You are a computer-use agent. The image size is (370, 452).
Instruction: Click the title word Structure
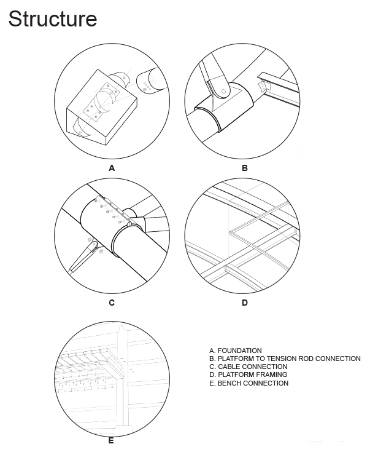coord(53,19)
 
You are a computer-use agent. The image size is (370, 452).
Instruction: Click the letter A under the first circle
coord(112,167)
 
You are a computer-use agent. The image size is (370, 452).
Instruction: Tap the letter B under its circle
coord(244,167)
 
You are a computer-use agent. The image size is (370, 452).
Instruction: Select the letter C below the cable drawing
coord(112,303)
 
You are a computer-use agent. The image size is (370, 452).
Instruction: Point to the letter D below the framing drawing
coord(244,303)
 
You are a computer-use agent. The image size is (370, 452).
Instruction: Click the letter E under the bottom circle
coord(111,440)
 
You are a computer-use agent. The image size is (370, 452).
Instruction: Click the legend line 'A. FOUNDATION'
coord(235,351)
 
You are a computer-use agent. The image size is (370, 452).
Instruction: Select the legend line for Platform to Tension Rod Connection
coord(285,359)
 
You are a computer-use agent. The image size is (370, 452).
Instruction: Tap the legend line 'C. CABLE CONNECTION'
coord(248,367)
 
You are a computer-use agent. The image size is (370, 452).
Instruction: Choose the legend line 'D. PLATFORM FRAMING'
coord(248,375)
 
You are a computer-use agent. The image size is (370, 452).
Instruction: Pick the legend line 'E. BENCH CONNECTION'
coord(249,383)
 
